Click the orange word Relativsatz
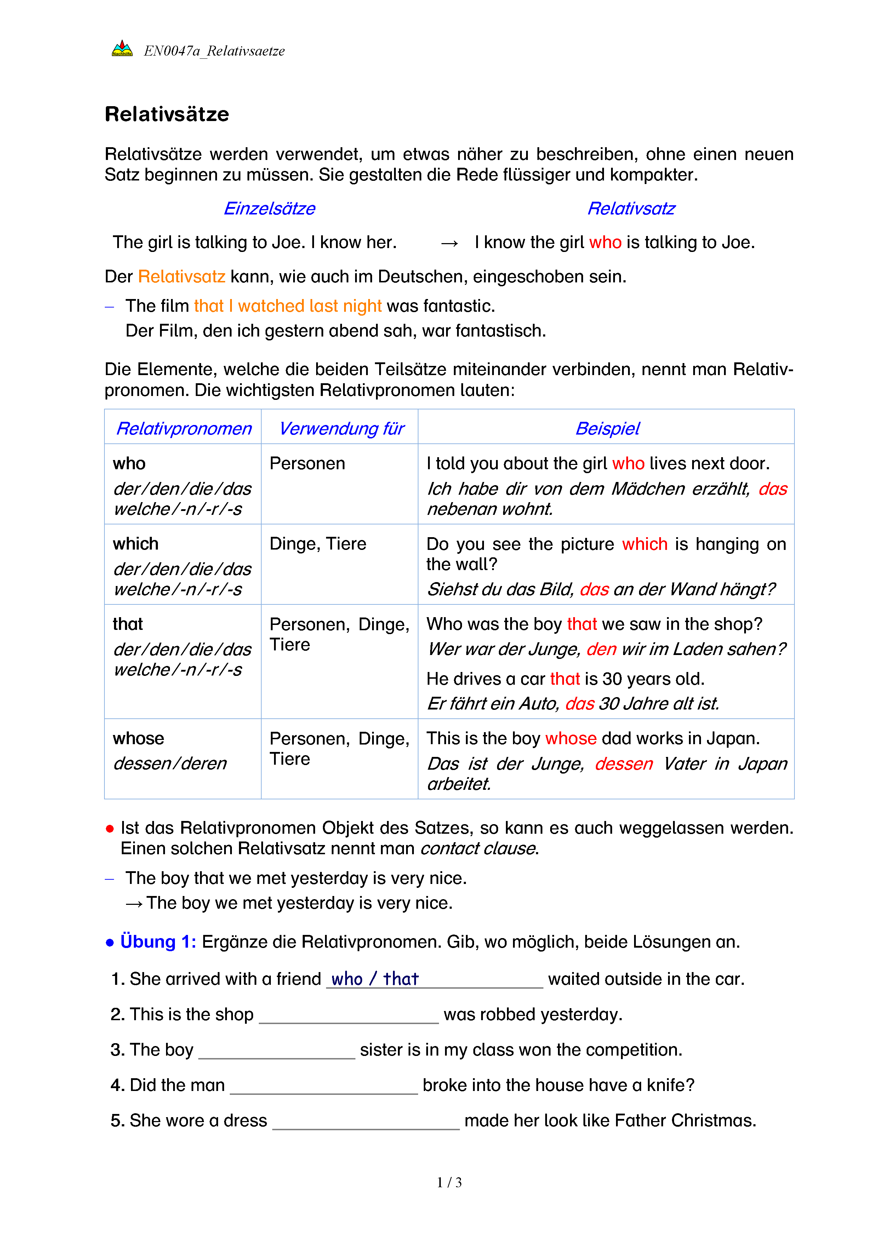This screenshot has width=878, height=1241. pos(181,276)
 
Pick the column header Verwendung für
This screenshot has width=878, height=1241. pos(341,428)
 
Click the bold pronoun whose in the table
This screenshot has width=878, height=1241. pos(138,738)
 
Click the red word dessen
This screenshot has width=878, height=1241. pos(623,763)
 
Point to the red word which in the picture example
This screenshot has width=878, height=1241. pos(644,544)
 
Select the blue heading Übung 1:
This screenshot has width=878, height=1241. pos(158,942)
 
